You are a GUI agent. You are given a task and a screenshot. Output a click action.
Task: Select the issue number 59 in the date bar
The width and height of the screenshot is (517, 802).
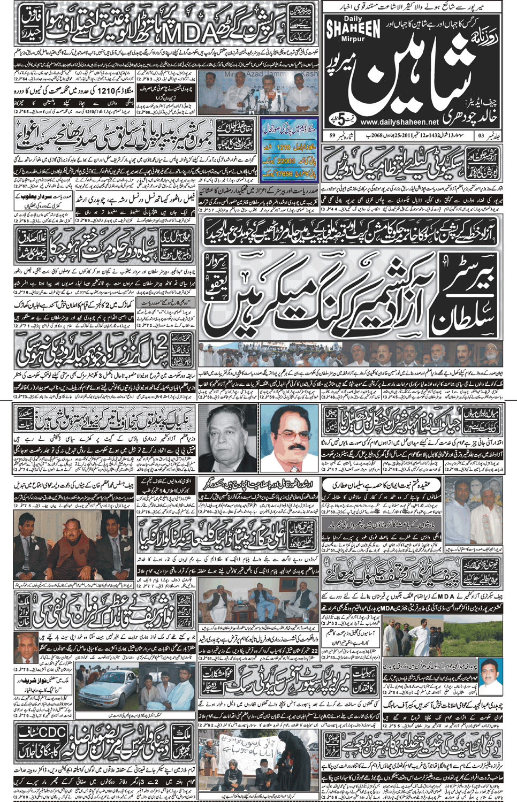pyautogui.click(x=332, y=137)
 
